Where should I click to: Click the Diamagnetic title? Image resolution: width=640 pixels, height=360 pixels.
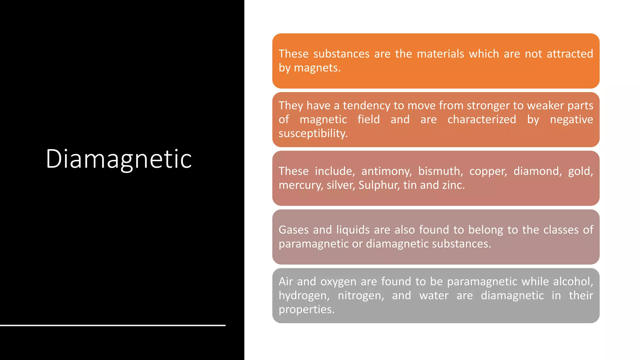[x=119, y=159]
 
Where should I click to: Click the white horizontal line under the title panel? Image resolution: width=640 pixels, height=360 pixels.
[x=112, y=325]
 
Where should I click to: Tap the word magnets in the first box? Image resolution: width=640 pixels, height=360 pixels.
[x=317, y=68]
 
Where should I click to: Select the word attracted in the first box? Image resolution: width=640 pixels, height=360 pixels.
[x=570, y=54]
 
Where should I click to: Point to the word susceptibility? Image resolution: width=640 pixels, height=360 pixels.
[x=313, y=133]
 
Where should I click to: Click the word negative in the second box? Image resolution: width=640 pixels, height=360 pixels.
[x=571, y=119]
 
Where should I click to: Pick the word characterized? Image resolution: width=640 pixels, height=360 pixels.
[x=482, y=119]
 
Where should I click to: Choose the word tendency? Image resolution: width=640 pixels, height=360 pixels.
[x=367, y=106]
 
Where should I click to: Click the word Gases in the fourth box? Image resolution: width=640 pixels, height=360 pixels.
[x=293, y=230]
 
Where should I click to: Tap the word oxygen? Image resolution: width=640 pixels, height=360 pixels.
[x=338, y=282]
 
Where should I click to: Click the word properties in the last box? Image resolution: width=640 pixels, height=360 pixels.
[x=306, y=309]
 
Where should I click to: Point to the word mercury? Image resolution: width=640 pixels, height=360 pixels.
[x=301, y=185]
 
